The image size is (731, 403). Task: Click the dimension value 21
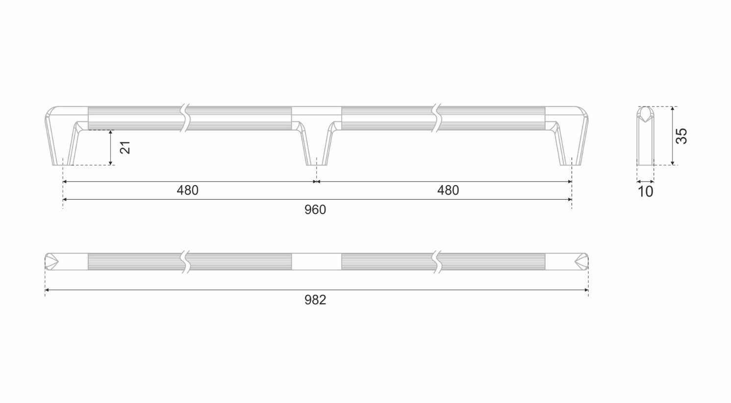tap(126, 148)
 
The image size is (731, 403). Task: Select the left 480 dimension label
tap(188, 190)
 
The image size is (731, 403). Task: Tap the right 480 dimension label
tap(448, 190)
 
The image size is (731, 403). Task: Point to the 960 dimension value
tap(315, 210)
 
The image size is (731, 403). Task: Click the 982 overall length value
tap(315, 300)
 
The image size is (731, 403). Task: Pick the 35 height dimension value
tap(681, 136)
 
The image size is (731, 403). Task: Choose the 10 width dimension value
tap(646, 192)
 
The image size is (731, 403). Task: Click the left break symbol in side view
tap(185, 118)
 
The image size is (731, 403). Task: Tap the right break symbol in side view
tap(436, 118)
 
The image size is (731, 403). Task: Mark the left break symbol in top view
tap(185, 262)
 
